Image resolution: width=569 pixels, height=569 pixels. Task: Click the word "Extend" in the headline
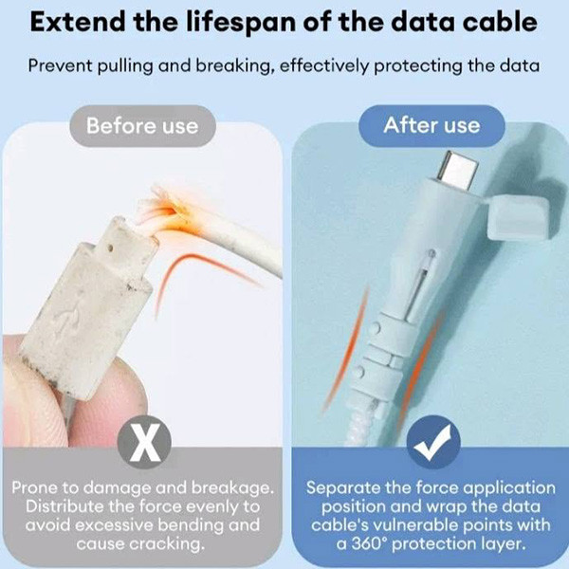click(x=78, y=22)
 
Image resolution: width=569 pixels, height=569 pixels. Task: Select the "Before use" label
click(x=142, y=126)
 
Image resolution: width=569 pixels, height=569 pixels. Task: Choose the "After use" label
click(x=431, y=125)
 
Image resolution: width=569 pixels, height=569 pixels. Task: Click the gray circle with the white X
click(x=144, y=442)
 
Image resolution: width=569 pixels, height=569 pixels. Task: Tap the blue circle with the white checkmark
click(x=433, y=442)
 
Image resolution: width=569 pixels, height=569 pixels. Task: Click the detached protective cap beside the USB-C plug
click(x=517, y=217)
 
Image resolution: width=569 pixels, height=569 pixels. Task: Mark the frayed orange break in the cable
click(x=168, y=211)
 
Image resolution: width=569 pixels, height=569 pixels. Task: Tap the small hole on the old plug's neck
click(x=111, y=248)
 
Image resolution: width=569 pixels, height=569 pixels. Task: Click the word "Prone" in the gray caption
click(x=34, y=487)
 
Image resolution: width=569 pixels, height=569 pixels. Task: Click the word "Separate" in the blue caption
click(x=342, y=488)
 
